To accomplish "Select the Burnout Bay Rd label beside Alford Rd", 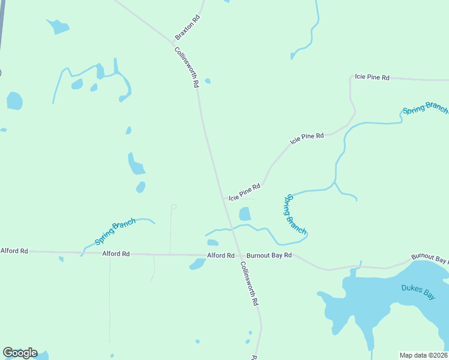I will (269, 255).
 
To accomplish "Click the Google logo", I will (20, 353).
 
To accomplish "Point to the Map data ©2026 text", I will (424, 355).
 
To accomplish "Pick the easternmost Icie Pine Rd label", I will (372, 77).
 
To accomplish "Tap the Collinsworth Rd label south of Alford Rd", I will (249, 284).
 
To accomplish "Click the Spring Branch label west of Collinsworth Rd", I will (115, 232).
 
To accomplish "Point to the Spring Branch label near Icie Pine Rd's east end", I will (425, 109).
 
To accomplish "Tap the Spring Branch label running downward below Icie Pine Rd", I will (297, 214).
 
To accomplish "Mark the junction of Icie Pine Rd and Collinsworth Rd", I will (224, 198).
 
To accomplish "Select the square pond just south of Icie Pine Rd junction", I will (245, 214).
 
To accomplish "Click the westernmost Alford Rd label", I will (14, 251).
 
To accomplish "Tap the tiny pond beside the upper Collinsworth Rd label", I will (208, 81).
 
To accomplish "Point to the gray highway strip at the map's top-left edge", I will (2, 24).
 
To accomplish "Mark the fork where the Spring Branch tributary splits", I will (334, 181).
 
